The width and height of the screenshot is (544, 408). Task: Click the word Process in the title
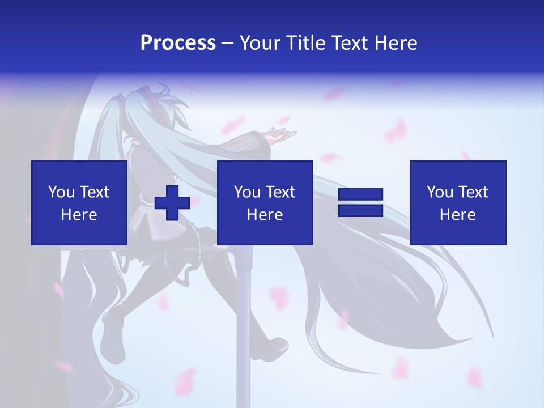point(178,42)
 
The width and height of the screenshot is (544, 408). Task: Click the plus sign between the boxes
point(172,203)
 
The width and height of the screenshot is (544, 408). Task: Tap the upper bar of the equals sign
point(361,194)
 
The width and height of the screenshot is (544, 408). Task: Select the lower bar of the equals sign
point(361,210)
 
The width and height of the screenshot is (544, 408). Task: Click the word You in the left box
point(61,192)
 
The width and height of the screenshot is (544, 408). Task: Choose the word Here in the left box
point(79,215)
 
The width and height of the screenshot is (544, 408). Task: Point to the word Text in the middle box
point(281,192)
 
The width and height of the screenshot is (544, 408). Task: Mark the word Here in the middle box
point(265,215)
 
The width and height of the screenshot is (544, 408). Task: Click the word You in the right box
point(440,192)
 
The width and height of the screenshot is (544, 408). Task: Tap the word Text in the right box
point(474,192)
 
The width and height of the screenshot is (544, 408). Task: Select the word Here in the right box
point(457,215)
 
